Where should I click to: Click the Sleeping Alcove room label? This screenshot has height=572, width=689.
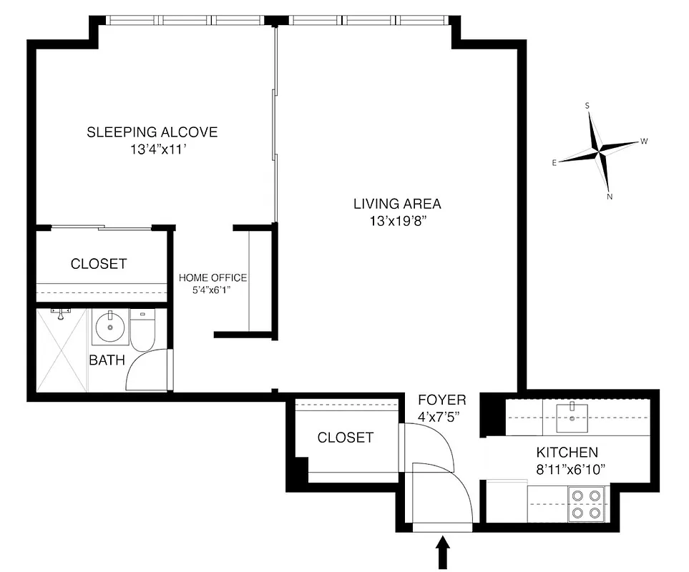pyautogui.click(x=152, y=132)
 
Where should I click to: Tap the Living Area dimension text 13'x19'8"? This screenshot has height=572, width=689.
pyautogui.click(x=397, y=221)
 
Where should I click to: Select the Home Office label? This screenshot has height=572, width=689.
pyautogui.click(x=212, y=277)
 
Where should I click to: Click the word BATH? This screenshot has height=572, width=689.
pyautogui.click(x=107, y=360)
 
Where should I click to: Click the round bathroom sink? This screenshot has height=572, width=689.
pyautogui.click(x=109, y=330)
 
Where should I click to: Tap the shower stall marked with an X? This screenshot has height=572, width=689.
pyautogui.click(x=62, y=350)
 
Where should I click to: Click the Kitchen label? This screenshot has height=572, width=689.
pyautogui.click(x=567, y=453)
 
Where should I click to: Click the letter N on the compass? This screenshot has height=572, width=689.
pyautogui.click(x=610, y=197)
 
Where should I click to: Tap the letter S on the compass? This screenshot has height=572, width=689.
pyautogui.click(x=587, y=106)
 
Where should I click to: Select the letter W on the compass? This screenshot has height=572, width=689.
pyautogui.click(x=644, y=142)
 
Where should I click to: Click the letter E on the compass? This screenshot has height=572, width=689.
pyautogui.click(x=554, y=163)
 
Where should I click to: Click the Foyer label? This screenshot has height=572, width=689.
pyautogui.click(x=441, y=400)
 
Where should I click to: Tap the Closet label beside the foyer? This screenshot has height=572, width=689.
pyautogui.click(x=345, y=438)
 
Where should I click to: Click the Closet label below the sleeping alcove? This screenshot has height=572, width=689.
pyautogui.click(x=99, y=264)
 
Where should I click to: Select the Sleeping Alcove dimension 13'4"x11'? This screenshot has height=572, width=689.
pyautogui.click(x=152, y=150)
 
